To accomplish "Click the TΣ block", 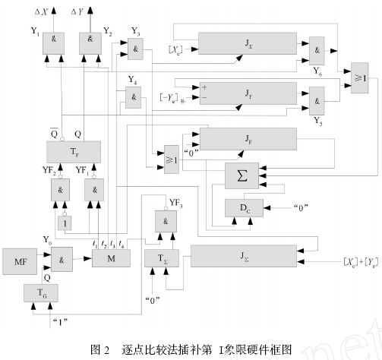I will click(x=160, y=257).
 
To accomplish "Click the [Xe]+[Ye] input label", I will click(x=346, y=261).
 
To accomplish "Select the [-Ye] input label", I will click(x=171, y=98).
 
